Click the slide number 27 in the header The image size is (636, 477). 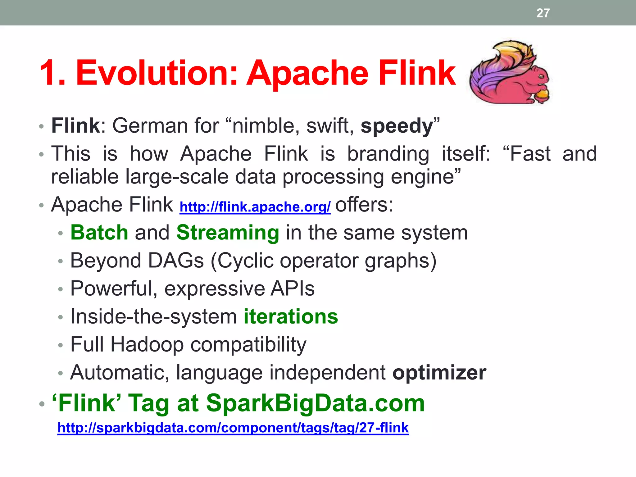(543, 13)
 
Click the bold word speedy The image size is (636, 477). (397, 126)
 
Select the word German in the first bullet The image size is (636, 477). (150, 126)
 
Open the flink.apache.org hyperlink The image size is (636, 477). (255, 207)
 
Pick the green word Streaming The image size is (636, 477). (228, 233)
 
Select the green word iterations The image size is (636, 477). (291, 316)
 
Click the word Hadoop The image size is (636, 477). (147, 345)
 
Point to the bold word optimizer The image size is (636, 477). (439, 373)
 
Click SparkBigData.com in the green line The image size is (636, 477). (315, 403)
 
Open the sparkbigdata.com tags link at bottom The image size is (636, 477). (233, 428)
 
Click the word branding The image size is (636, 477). (388, 154)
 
